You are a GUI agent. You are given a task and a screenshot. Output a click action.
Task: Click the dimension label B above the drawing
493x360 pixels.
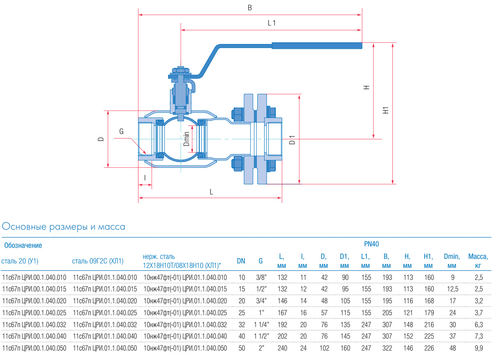click(249, 8)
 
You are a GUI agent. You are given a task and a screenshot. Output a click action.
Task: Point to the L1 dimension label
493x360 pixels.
click(272, 23)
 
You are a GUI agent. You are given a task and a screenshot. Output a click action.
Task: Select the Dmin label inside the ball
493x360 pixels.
click(186, 139)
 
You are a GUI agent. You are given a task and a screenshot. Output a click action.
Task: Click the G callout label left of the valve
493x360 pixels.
click(121, 132)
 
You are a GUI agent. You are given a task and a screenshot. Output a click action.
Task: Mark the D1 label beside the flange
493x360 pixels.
click(292, 140)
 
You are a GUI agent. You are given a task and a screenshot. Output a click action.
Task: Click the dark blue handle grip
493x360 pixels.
click(317, 45)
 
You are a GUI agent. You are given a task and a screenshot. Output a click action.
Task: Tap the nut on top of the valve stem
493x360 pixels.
click(180, 70)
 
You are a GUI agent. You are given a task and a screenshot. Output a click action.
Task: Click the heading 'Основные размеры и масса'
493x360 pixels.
click(64, 226)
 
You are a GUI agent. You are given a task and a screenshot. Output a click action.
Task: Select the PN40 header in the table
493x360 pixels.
click(371, 244)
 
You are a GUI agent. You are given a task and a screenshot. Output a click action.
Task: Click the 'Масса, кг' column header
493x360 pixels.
click(478, 261)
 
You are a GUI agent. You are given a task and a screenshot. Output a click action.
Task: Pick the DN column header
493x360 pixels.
click(241, 261)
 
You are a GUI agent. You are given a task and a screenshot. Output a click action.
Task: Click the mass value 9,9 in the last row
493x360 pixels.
click(478, 348)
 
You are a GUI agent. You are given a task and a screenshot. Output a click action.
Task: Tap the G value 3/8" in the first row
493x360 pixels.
click(260, 277)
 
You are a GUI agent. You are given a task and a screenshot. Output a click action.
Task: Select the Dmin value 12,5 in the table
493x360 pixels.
click(453, 289)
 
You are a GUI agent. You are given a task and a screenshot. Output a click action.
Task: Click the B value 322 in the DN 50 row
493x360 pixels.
click(386, 348)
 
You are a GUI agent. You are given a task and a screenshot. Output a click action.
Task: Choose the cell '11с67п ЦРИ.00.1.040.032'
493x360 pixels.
click(34, 325)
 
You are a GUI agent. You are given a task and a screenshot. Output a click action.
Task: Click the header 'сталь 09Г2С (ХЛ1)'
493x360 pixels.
click(98, 261)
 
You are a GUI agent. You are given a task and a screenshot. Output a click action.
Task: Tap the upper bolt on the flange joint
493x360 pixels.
click(237, 114)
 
